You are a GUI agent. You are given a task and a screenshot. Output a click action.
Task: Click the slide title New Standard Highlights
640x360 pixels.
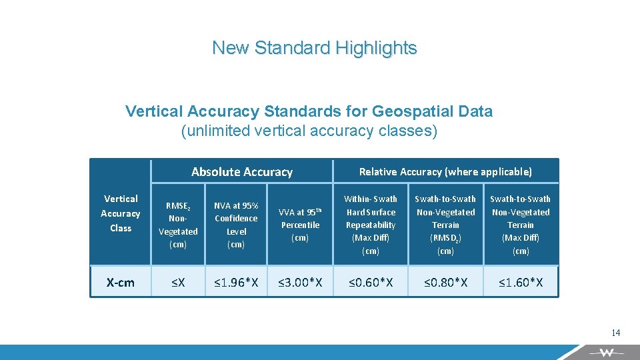tap(314, 48)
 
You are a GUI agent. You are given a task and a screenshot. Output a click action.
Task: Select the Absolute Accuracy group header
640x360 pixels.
tap(241, 172)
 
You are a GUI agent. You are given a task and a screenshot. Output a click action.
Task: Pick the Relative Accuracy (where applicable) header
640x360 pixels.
tap(445, 172)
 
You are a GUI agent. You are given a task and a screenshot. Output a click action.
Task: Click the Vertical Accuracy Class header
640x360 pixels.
tap(121, 213)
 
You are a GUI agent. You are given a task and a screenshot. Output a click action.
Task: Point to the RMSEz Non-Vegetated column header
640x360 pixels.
tap(178, 225)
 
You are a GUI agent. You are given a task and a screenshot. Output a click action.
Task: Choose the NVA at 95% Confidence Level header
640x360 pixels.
tap(236, 225)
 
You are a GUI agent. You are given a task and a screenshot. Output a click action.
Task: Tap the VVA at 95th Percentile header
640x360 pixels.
tap(300, 225)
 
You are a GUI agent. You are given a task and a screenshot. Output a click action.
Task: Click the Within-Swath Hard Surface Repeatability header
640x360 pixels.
tap(370, 225)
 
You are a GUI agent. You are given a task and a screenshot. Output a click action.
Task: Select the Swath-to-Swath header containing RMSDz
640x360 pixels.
tap(445, 225)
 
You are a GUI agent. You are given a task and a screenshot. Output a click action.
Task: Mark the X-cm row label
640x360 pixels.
tap(121, 283)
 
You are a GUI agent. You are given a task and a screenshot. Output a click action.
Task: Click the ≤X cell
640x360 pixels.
tap(178, 283)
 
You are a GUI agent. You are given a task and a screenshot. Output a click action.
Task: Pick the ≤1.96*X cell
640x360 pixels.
tap(236, 283)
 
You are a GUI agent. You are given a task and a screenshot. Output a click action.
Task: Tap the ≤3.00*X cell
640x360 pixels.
tap(300, 283)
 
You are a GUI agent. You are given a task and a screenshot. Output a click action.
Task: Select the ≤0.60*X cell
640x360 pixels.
tap(370, 283)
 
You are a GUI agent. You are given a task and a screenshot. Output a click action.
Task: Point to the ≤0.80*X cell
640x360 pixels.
tap(445, 283)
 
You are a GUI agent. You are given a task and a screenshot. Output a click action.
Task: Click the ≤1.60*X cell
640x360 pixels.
tap(521, 283)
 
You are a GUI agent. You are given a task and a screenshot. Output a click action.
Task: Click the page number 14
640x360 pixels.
tap(615, 333)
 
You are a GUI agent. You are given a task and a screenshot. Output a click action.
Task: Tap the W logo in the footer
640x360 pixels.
tap(606, 353)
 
